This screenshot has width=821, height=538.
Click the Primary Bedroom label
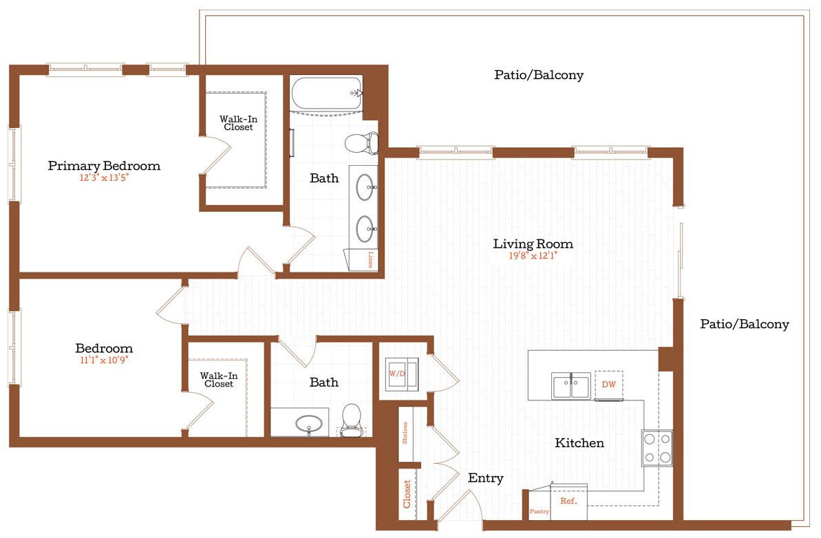(104, 166)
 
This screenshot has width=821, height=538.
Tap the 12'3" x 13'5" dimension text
(104, 178)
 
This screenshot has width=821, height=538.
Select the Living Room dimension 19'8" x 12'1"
(533, 256)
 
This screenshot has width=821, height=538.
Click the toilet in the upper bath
(361, 143)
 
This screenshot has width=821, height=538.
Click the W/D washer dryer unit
(399, 374)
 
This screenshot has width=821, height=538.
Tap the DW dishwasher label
(608, 385)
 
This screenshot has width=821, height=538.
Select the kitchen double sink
(571, 385)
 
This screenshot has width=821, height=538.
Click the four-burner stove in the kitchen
(657, 447)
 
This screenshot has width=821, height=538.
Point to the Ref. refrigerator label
(568, 502)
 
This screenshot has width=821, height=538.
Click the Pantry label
(539, 512)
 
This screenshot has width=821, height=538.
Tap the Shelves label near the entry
(406, 433)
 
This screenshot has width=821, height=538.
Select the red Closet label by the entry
(407, 494)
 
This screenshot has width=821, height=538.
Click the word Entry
(485, 478)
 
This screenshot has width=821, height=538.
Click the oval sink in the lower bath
(310, 424)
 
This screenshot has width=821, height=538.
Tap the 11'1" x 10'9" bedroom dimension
(104, 360)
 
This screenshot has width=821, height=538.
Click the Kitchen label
(579, 443)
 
